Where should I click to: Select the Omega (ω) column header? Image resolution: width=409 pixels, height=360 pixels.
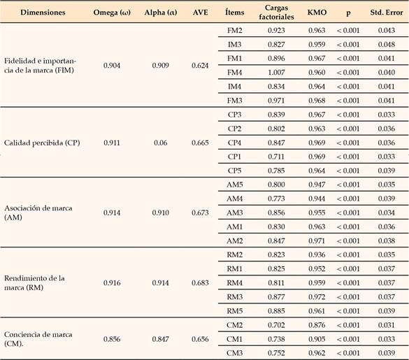(x=110, y=13)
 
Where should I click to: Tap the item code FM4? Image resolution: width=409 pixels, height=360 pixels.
(x=235, y=71)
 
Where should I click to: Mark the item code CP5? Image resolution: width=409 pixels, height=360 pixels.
(x=235, y=170)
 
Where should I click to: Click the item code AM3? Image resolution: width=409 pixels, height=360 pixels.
(x=235, y=211)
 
